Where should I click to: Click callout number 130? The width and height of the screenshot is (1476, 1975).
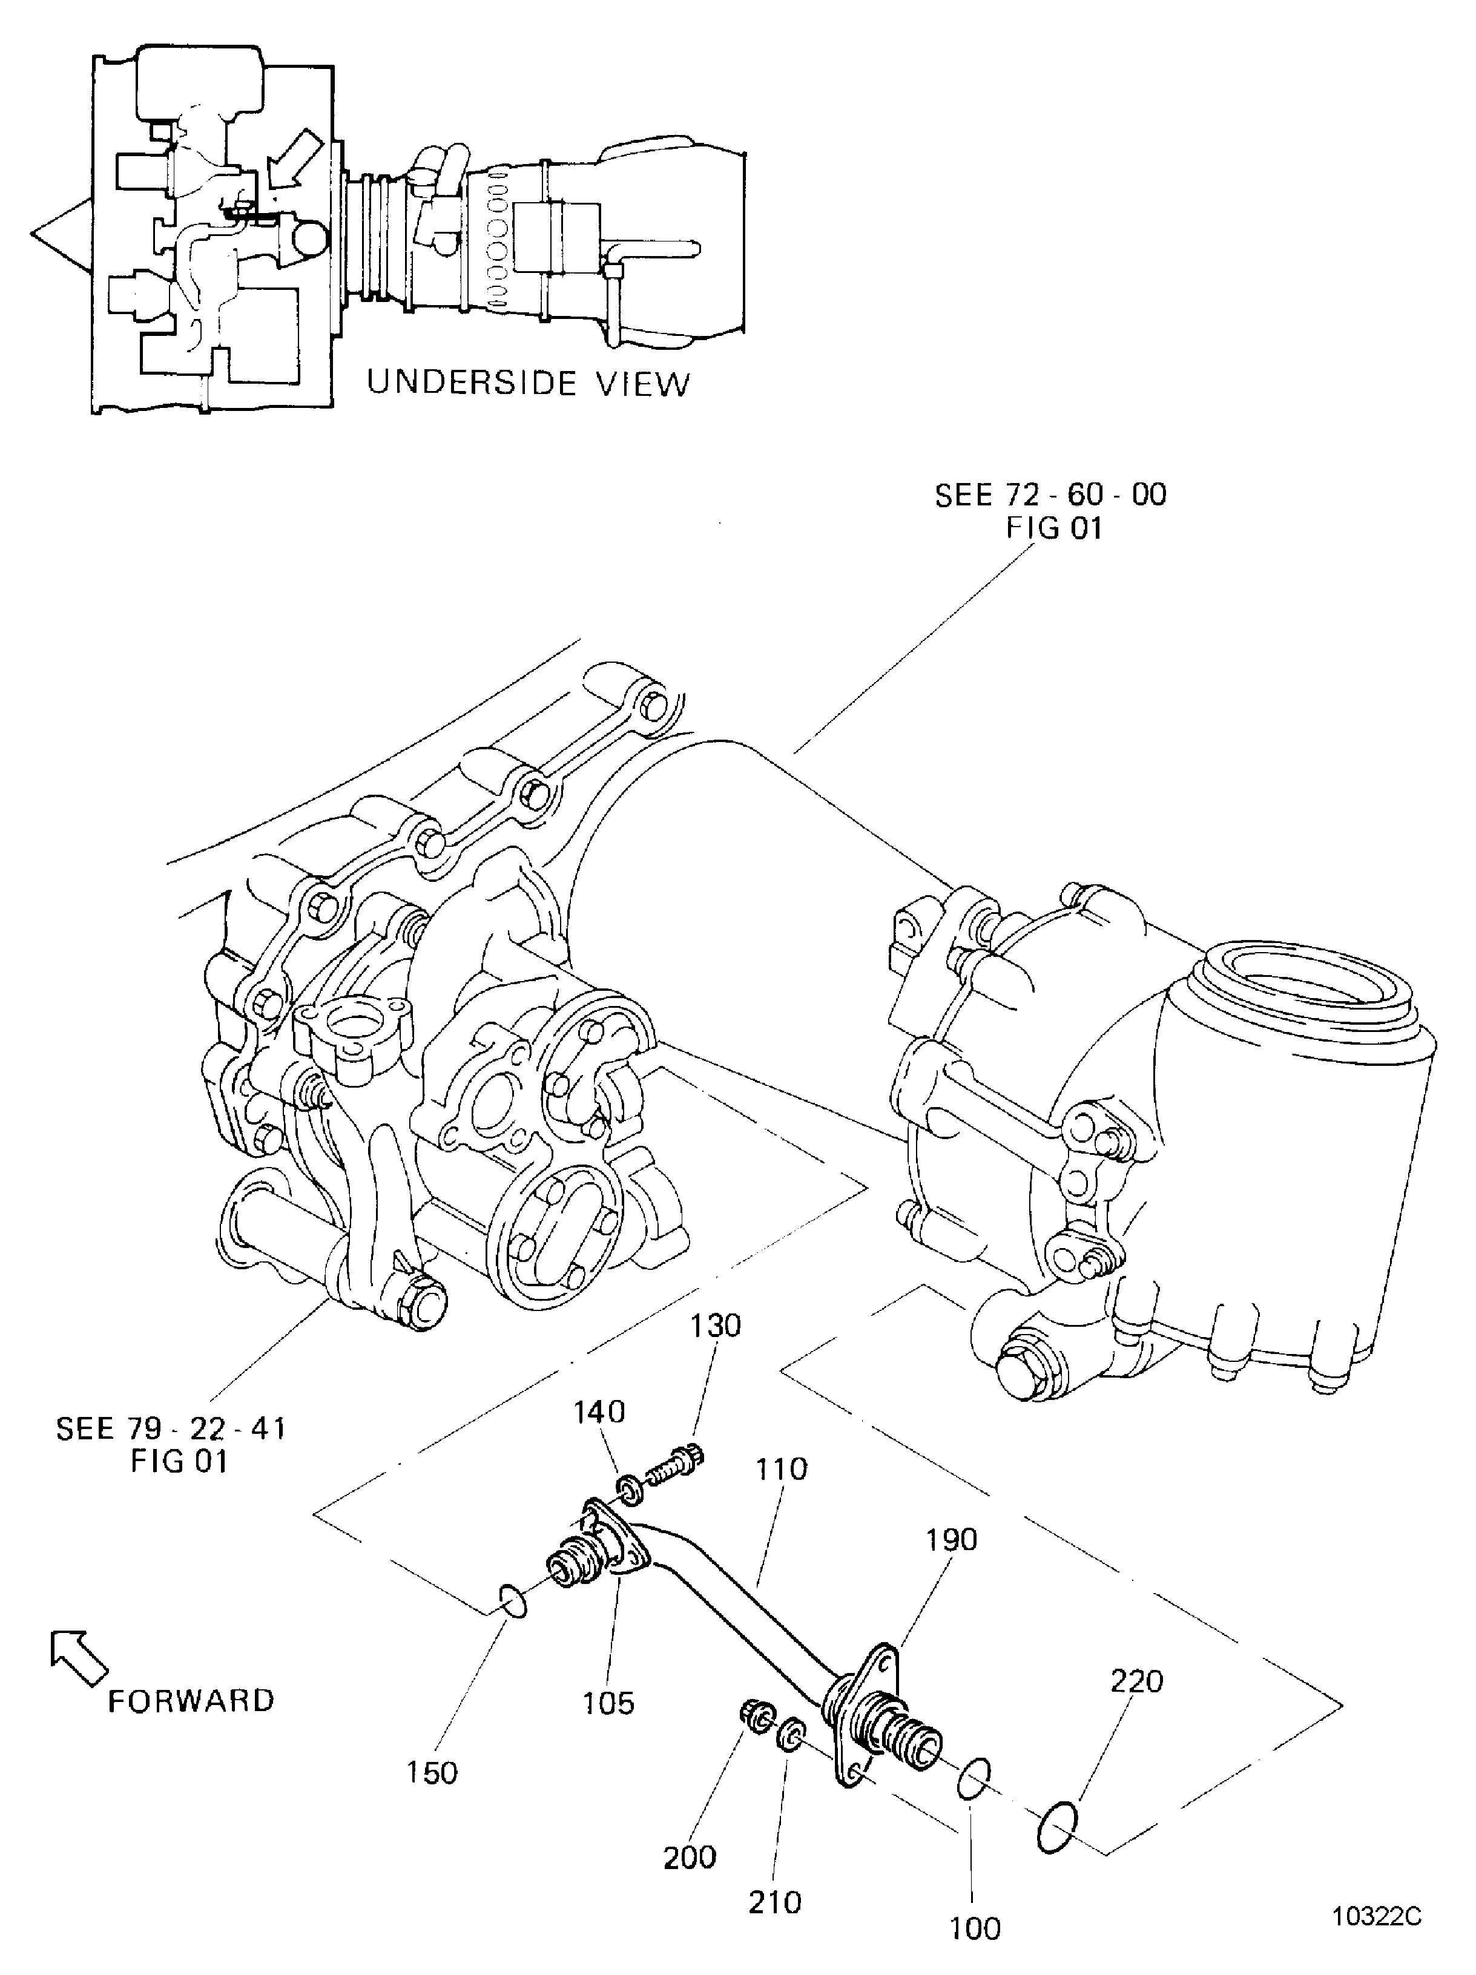[714, 1326]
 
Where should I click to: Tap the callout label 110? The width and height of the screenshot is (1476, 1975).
[782, 1469]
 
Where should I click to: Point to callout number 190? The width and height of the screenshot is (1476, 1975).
[952, 1539]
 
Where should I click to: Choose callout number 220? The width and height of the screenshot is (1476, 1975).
[1137, 1681]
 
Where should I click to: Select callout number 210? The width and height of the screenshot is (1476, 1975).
[774, 1903]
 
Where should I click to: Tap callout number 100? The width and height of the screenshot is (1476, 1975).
[974, 1928]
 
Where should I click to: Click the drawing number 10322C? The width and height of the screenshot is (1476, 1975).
[1376, 1917]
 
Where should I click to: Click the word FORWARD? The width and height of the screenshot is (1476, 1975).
[190, 1701]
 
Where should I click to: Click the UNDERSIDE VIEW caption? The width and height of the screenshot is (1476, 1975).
[529, 383]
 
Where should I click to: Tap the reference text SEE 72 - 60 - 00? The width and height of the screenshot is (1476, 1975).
[1050, 495]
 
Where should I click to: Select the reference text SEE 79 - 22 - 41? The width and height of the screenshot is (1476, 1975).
[171, 1428]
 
